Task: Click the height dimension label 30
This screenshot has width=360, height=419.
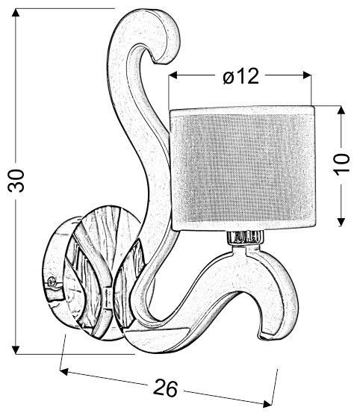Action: coord(16,181)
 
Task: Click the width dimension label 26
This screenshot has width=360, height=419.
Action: coord(165,387)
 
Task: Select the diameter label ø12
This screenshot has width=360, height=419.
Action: coord(240,75)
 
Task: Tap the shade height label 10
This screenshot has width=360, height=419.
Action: coord(342,164)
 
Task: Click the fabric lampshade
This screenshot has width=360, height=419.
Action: coord(243,168)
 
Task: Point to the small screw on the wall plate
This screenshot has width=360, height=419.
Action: coord(52,282)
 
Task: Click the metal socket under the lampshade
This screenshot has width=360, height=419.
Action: coord(245,238)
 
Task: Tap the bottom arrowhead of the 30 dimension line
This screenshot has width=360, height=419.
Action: coord(16,348)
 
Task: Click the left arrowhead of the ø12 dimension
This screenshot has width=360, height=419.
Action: coord(174,75)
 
